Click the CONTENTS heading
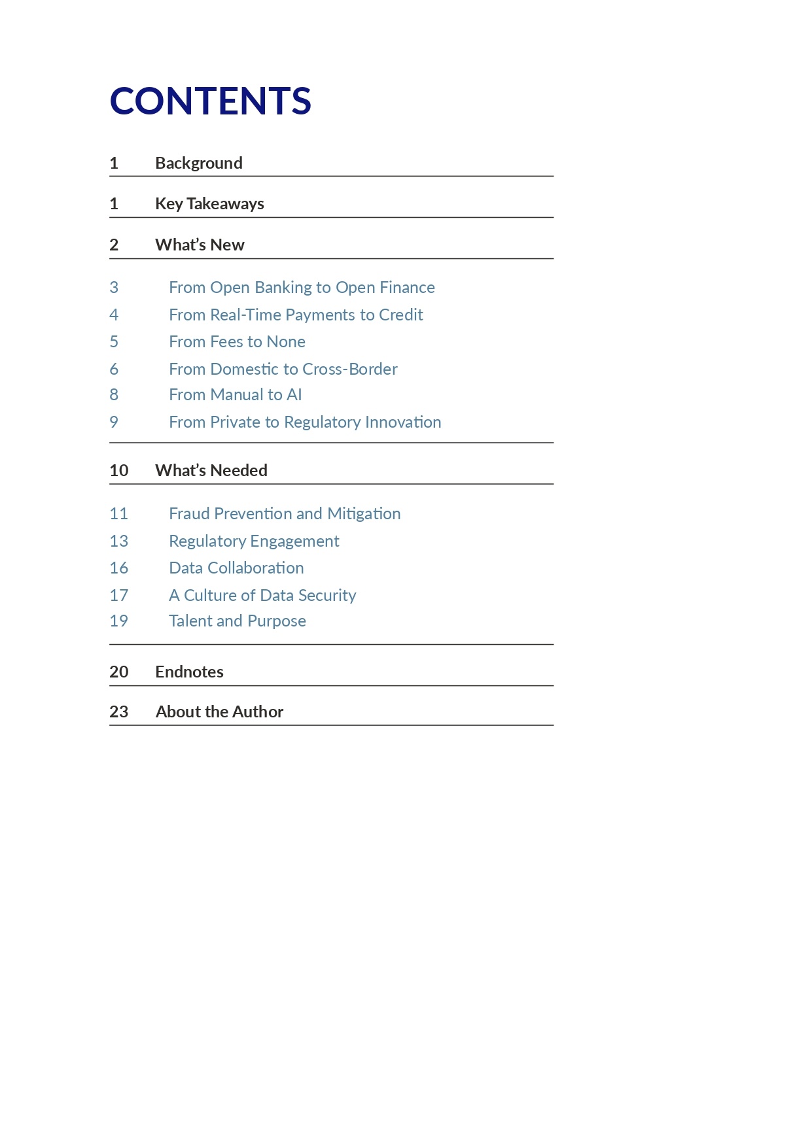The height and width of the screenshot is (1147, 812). pyautogui.click(x=210, y=101)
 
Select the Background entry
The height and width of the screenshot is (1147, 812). pyautogui.click(x=198, y=163)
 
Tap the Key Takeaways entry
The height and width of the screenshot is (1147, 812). pyautogui.click(x=209, y=203)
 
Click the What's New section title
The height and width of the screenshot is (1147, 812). pyautogui.click(x=200, y=245)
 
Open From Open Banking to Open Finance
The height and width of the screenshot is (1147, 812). pyautogui.click(x=302, y=287)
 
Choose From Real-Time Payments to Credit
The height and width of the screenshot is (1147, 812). pyautogui.click(x=296, y=315)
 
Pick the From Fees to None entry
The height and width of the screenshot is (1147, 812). pyautogui.click(x=237, y=341)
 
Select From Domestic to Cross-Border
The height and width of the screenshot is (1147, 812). pyautogui.click(x=283, y=369)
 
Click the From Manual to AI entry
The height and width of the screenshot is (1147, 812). pyautogui.click(x=235, y=394)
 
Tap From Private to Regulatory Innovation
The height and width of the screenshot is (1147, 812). pyautogui.click(x=305, y=422)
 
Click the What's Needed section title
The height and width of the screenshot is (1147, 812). pyautogui.click(x=211, y=470)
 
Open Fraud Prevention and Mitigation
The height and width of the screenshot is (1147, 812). pyautogui.click(x=285, y=513)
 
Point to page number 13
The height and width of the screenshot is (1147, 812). pyautogui.click(x=118, y=541)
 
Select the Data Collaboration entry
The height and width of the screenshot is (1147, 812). pyautogui.click(x=236, y=568)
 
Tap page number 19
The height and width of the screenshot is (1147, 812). pyautogui.click(x=118, y=621)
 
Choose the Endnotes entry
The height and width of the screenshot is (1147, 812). pyautogui.click(x=189, y=672)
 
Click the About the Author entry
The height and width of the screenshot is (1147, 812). pyautogui.click(x=219, y=711)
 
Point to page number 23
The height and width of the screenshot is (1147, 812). pyautogui.click(x=118, y=711)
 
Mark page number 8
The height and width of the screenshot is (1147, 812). pyautogui.click(x=114, y=394)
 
